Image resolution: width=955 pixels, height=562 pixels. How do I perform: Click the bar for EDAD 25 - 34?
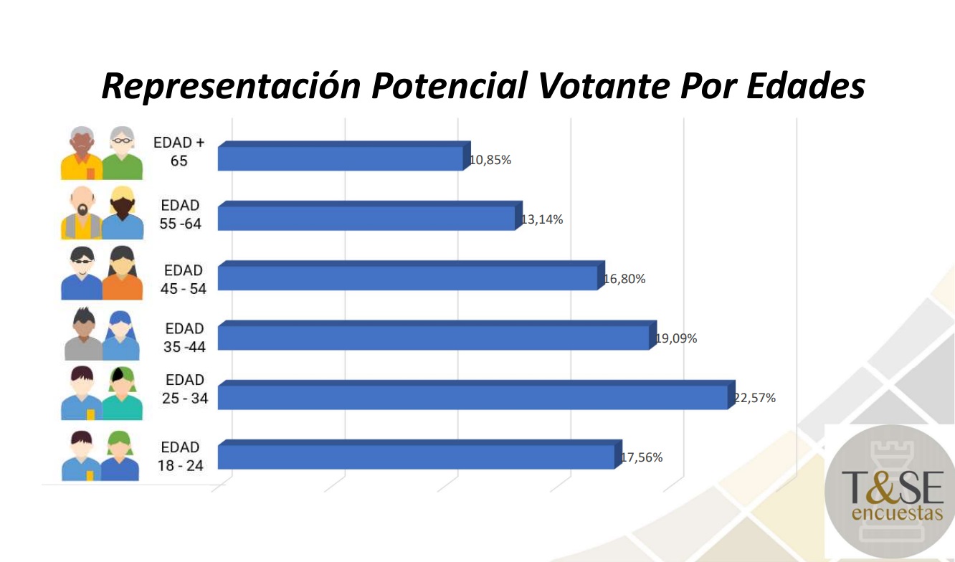click(473, 396)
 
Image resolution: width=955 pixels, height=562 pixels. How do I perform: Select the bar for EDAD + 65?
click(341, 158)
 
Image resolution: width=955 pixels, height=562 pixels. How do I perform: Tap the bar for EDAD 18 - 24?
click(416, 456)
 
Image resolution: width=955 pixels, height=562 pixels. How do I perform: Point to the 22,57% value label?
click(754, 398)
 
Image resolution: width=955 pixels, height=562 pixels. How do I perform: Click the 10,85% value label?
click(490, 160)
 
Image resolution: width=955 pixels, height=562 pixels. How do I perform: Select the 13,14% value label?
click(542, 219)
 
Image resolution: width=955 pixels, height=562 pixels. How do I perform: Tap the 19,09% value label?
click(676, 338)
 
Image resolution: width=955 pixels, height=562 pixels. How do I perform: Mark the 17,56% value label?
click(642, 457)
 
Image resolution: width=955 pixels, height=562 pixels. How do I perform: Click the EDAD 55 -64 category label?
click(181, 214)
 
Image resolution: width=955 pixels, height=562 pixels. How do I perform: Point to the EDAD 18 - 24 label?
click(181, 456)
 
